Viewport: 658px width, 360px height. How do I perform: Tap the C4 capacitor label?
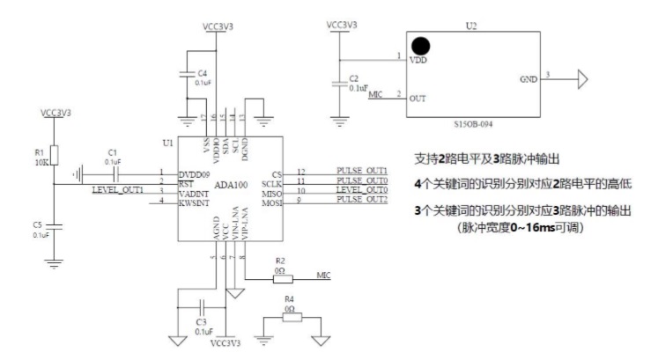tap(202, 73)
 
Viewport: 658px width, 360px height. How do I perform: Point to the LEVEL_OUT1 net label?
tap(116, 191)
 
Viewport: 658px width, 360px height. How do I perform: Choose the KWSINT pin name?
tap(193, 203)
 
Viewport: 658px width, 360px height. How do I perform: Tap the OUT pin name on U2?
tap(418, 98)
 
